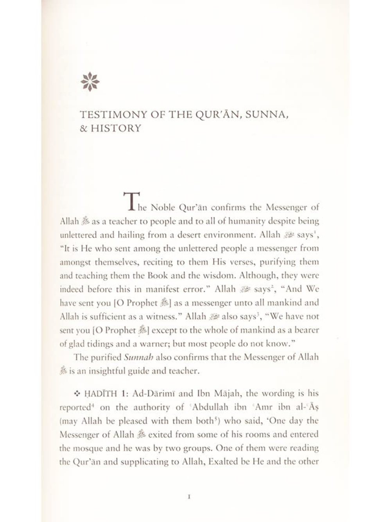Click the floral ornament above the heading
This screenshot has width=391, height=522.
(x=90, y=82)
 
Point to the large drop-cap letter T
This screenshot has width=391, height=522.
(x=131, y=200)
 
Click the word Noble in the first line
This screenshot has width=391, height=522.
(x=164, y=207)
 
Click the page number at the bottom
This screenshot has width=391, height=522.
(x=190, y=497)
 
